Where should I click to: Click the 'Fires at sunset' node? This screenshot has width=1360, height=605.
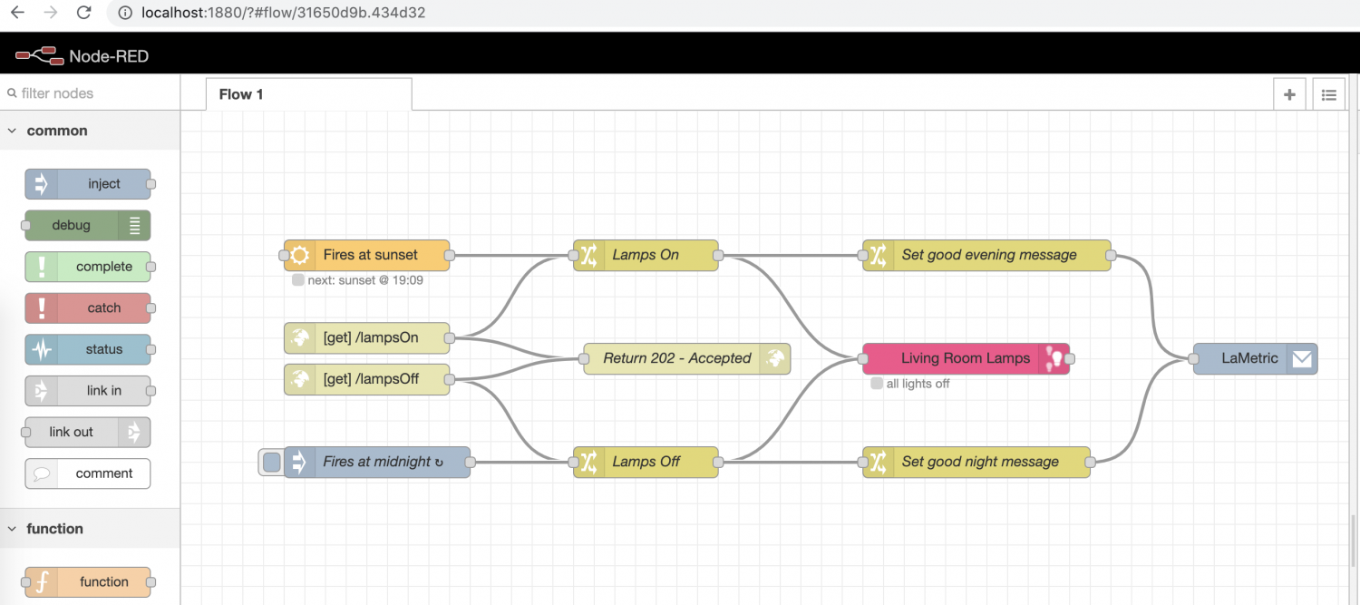[370, 255]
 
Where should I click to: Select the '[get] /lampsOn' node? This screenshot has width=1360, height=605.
[370, 338]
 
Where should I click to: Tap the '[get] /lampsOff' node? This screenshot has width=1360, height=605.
[370, 379]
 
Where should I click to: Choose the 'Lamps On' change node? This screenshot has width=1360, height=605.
[646, 255]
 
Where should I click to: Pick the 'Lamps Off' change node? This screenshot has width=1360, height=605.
[646, 462]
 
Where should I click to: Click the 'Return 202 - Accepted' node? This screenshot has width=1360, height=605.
[676, 358]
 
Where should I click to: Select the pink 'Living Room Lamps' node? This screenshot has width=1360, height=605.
[965, 358]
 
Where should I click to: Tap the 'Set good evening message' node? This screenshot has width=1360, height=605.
[988, 255]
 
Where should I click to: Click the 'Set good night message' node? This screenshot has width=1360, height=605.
[979, 462]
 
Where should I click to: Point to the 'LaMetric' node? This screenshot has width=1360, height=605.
[1249, 358]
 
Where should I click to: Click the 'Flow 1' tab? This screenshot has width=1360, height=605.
[241, 94]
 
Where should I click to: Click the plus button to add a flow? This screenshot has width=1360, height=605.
[1289, 94]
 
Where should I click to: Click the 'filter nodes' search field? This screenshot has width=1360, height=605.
[91, 93]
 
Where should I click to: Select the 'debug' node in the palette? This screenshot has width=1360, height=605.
[72, 225]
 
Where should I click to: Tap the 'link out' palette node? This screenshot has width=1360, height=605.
[72, 432]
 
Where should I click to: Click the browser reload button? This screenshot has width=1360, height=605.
[83, 13]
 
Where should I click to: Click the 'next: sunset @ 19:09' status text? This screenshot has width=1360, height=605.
[364, 280]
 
